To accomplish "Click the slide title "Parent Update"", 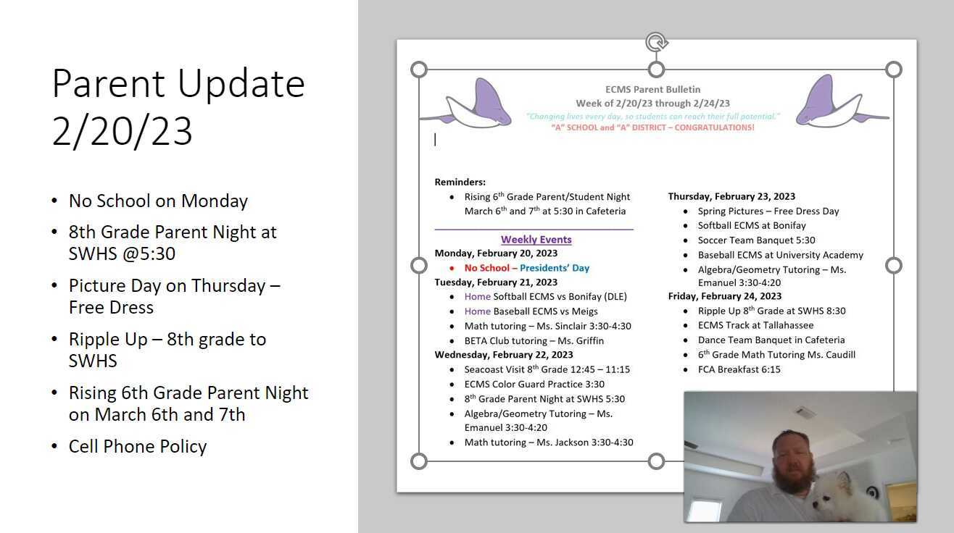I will pyautogui.click(x=178, y=83).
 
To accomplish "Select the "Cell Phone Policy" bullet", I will pyautogui.click(x=138, y=446).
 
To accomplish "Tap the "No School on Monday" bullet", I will pyautogui.click(x=158, y=201).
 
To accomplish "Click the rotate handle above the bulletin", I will pyautogui.click(x=656, y=42).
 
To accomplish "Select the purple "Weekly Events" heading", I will pyautogui.click(x=536, y=240).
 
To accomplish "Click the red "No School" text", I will pyautogui.click(x=486, y=268).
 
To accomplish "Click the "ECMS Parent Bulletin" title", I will pyautogui.click(x=652, y=89).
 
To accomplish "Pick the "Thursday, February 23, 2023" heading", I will pyautogui.click(x=731, y=196).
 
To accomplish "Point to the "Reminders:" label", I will pyautogui.click(x=460, y=182).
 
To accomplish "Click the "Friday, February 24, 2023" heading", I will pyautogui.click(x=724, y=296).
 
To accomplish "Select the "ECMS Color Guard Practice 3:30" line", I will pyautogui.click(x=534, y=385).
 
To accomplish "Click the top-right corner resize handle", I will pyautogui.click(x=894, y=70).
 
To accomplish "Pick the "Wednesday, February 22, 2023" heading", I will pyautogui.click(x=504, y=355).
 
